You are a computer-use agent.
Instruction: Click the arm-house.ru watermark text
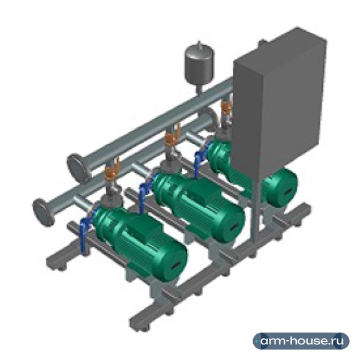pyautogui.click(x=302, y=341)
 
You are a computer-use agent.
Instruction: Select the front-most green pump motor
pyautogui.click(x=140, y=244)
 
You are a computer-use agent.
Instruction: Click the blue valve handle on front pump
pyautogui.click(x=86, y=232)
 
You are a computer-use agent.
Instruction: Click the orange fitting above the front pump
pyautogui.click(x=112, y=169)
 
